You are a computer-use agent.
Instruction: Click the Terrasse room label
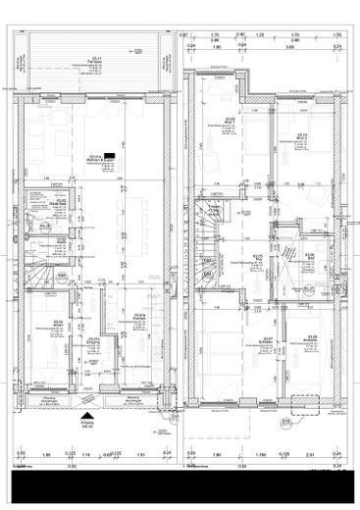pos(94,61)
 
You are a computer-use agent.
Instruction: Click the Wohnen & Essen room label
pos(95,157)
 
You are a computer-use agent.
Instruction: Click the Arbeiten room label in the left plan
pos(59,322)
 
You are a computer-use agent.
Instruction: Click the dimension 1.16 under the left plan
pos(85,455)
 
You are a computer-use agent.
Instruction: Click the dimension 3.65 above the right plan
pos(291,46)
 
